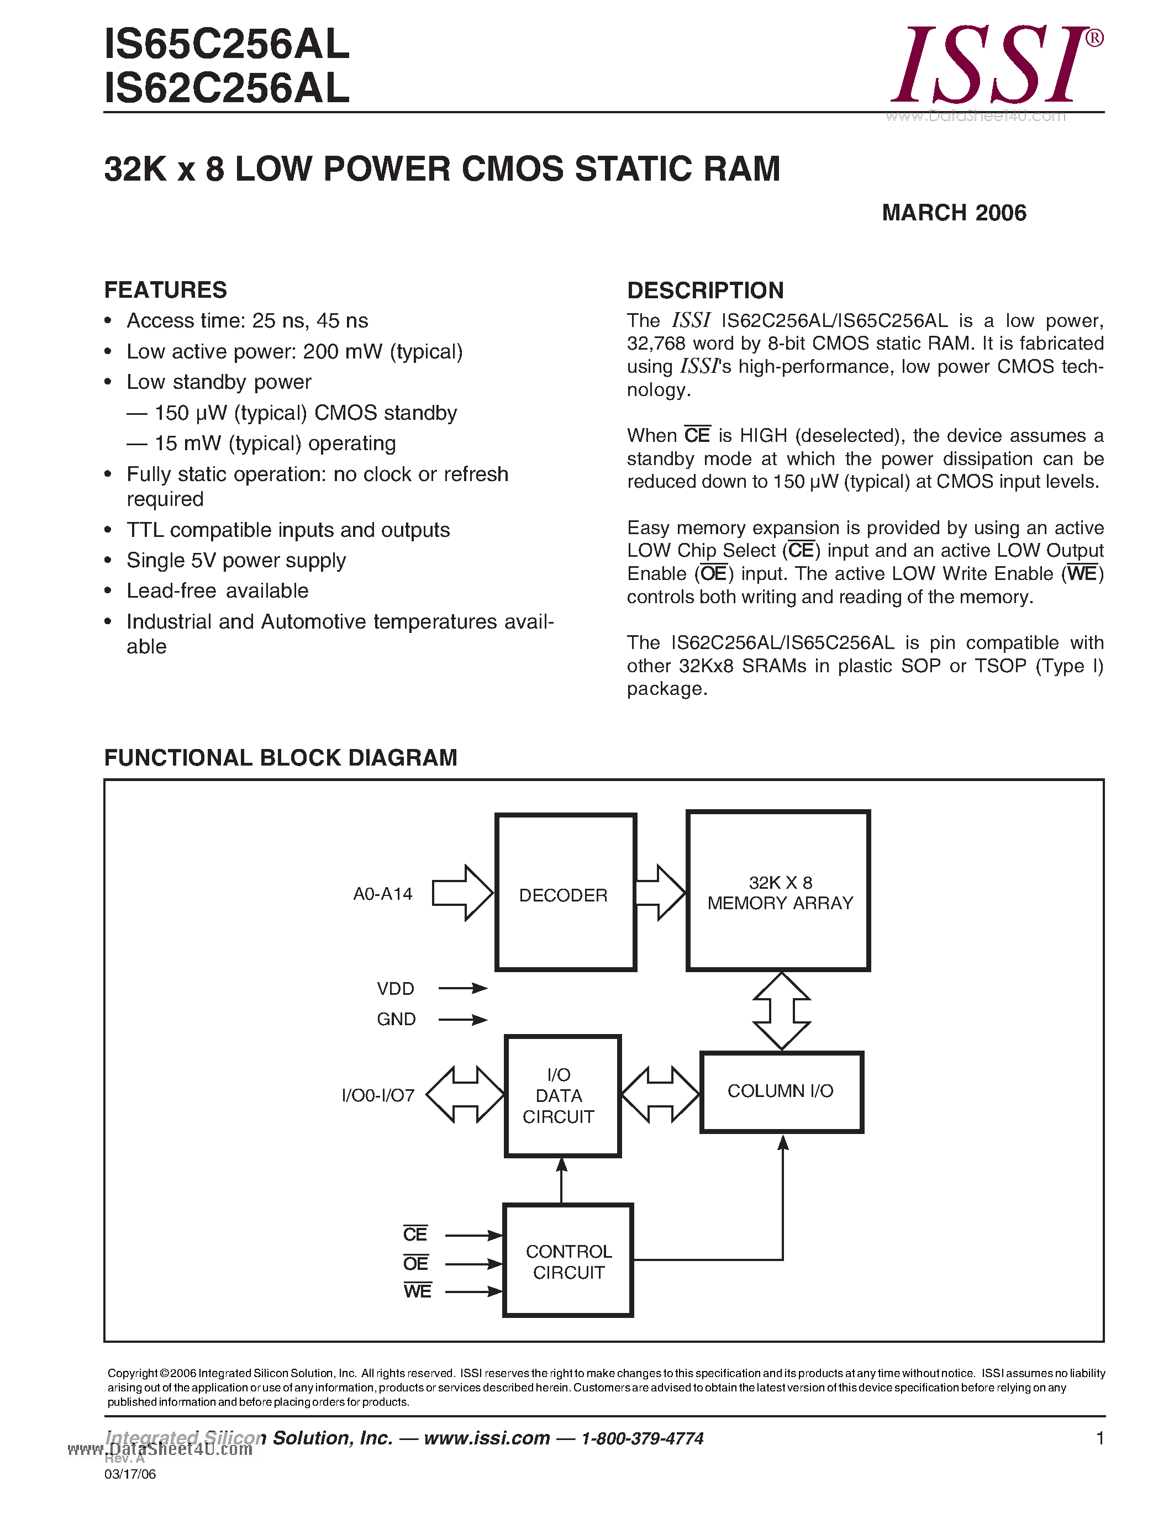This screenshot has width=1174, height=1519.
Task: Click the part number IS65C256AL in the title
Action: (226, 45)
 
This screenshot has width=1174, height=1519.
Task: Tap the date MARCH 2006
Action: (954, 213)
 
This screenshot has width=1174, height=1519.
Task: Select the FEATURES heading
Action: (166, 289)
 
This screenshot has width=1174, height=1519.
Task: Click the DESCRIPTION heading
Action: (706, 290)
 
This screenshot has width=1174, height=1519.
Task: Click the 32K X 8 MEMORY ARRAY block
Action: (779, 892)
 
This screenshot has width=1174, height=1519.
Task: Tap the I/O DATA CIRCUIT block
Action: (562, 1096)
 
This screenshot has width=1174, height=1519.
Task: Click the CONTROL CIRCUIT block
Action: (568, 1261)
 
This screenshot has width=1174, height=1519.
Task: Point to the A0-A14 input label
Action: (382, 894)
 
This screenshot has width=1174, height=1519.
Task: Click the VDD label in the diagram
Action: (395, 988)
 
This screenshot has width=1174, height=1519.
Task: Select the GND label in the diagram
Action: (396, 1019)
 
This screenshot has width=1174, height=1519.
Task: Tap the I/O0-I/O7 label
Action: (378, 1096)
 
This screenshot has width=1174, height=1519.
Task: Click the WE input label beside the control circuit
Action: (417, 1291)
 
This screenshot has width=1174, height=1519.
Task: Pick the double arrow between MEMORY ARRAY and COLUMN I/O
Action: (782, 1011)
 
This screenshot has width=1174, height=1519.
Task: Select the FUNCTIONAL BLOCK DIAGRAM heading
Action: (280, 757)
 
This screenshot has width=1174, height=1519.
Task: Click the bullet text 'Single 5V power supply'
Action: (236, 560)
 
